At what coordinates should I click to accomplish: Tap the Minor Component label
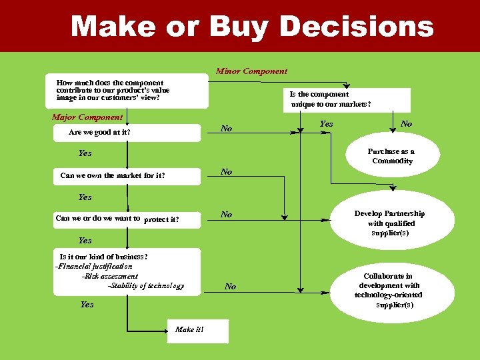(x=251, y=71)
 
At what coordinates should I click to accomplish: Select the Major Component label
(x=87, y=117)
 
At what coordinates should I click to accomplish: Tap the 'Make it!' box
(x=189, y=330)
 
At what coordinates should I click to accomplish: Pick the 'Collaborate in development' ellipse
(x=388, y=290)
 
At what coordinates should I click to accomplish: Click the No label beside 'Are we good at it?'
(x=227, y=129)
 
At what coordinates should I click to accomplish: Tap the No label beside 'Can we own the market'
(x=227, y=172)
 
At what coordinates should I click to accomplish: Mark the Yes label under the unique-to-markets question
(x=327, y=124)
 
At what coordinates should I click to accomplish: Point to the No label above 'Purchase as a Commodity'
(x=406, y=124)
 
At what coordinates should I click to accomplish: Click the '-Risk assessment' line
(x=109, y=276)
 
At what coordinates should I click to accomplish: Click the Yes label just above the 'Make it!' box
(x=87, y=305)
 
